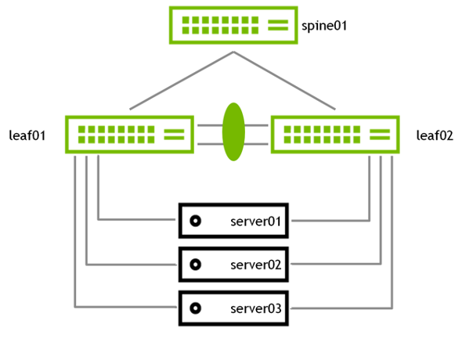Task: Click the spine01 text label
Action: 324,26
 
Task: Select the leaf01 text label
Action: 27,135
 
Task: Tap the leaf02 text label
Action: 435,135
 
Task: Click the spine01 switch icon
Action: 233,25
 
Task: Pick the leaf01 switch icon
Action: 129,135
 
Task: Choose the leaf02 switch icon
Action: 335,135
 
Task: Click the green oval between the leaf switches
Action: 233,132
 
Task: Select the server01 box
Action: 233,221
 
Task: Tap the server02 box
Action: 233,265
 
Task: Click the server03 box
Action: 233,308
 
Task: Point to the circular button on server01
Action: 195,221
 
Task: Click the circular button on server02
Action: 195,265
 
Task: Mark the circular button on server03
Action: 195,308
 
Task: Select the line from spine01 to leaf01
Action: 182,81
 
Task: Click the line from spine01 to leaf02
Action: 284,81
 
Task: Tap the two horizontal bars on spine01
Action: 278,25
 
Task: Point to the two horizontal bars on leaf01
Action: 174,135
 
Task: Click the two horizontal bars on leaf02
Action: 380,135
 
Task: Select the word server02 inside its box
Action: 256,265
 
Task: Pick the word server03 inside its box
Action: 256,309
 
